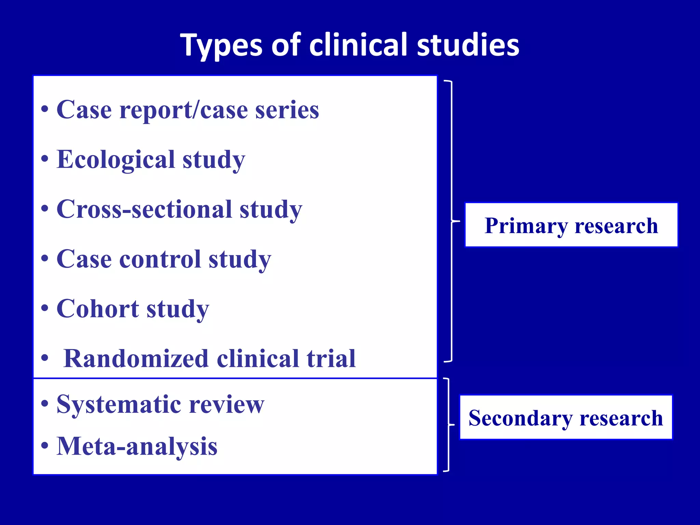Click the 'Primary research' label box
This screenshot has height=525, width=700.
tap(571, 225)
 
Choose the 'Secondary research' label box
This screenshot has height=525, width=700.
tap(566, 417)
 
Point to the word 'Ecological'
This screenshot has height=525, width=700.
tap(116, 160)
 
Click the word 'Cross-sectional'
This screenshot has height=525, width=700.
tap(144, 209)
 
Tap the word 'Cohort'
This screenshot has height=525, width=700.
tap(98, 309)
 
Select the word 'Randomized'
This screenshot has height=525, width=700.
tap(136, 359)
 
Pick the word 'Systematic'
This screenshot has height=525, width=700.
tap(119, 404)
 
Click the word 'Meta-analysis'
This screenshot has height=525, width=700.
tap(137, 446)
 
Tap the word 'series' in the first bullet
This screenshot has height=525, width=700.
tap(287, 110)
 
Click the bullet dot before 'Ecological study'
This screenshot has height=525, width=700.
tap(44, 159)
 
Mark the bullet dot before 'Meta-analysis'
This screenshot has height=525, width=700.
tap(44, 445)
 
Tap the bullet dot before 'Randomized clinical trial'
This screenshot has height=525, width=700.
tap(44, 358)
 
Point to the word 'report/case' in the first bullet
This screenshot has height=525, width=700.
tap(184, 110)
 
